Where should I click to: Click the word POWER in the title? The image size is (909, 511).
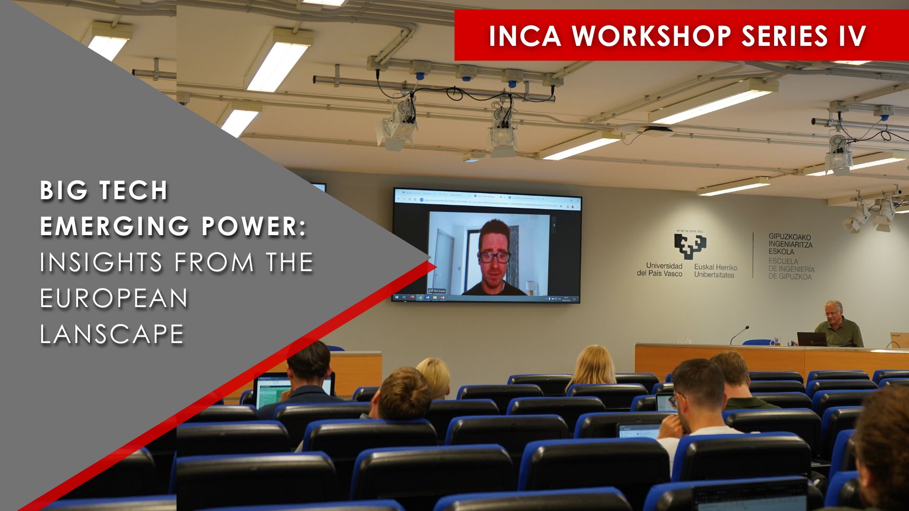250,226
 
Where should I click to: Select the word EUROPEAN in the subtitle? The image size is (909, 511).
114,298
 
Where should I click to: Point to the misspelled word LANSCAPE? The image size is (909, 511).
112,334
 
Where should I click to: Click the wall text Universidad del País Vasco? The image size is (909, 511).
659,270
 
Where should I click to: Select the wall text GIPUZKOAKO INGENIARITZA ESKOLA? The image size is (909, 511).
790,244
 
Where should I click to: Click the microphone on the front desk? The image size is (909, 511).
739,335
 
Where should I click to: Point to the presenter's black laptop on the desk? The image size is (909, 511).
811,339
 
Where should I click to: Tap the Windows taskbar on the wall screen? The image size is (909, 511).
486,298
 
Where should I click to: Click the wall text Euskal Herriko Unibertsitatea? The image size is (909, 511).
715,271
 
